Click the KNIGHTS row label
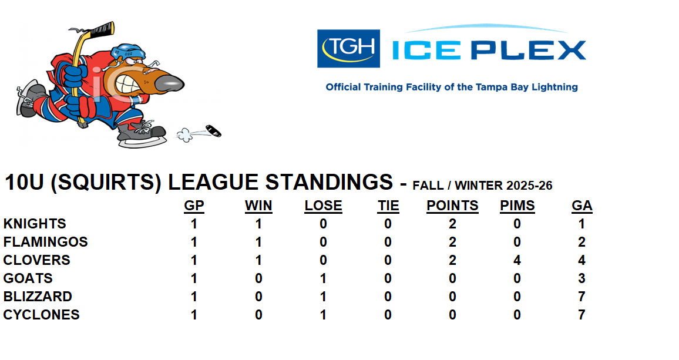35,224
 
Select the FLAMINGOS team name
45,242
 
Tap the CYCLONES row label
42,315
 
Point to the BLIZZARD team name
38,297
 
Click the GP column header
194,206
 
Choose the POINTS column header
452,206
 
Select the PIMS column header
517,206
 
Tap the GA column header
582,206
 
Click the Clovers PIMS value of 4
517,260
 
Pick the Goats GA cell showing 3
581,278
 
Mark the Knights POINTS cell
452,224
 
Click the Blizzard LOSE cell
323,297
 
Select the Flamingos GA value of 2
581,242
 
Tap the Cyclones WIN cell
258,315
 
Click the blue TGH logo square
348,49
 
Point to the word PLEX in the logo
528,51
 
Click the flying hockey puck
213,131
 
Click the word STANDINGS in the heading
329,183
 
